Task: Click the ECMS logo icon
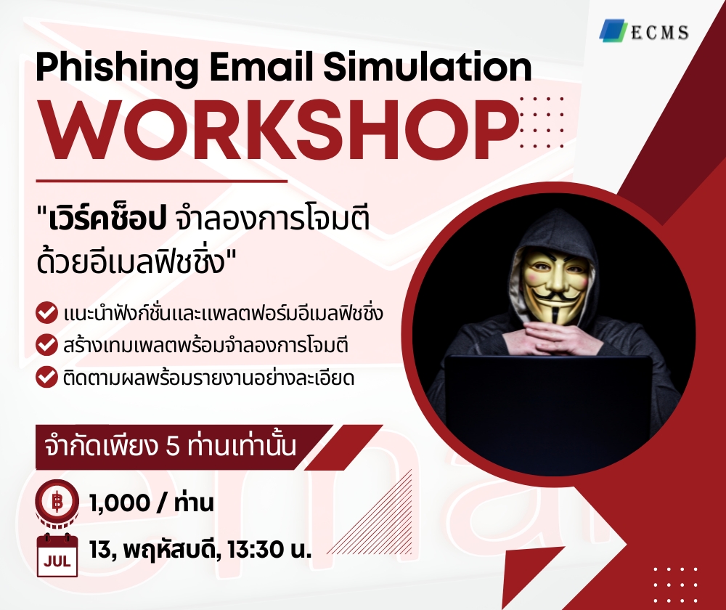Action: tap(614, 30)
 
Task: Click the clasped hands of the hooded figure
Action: tap(557, 337)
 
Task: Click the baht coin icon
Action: tap(57, 501)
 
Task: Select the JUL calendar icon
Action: tap(57, 555)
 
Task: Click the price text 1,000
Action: tap(120, 502)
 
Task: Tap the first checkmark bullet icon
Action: tap(47, 314)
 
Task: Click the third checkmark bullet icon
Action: tap(47, 378)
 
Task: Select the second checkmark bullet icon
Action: tap(47, 346)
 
